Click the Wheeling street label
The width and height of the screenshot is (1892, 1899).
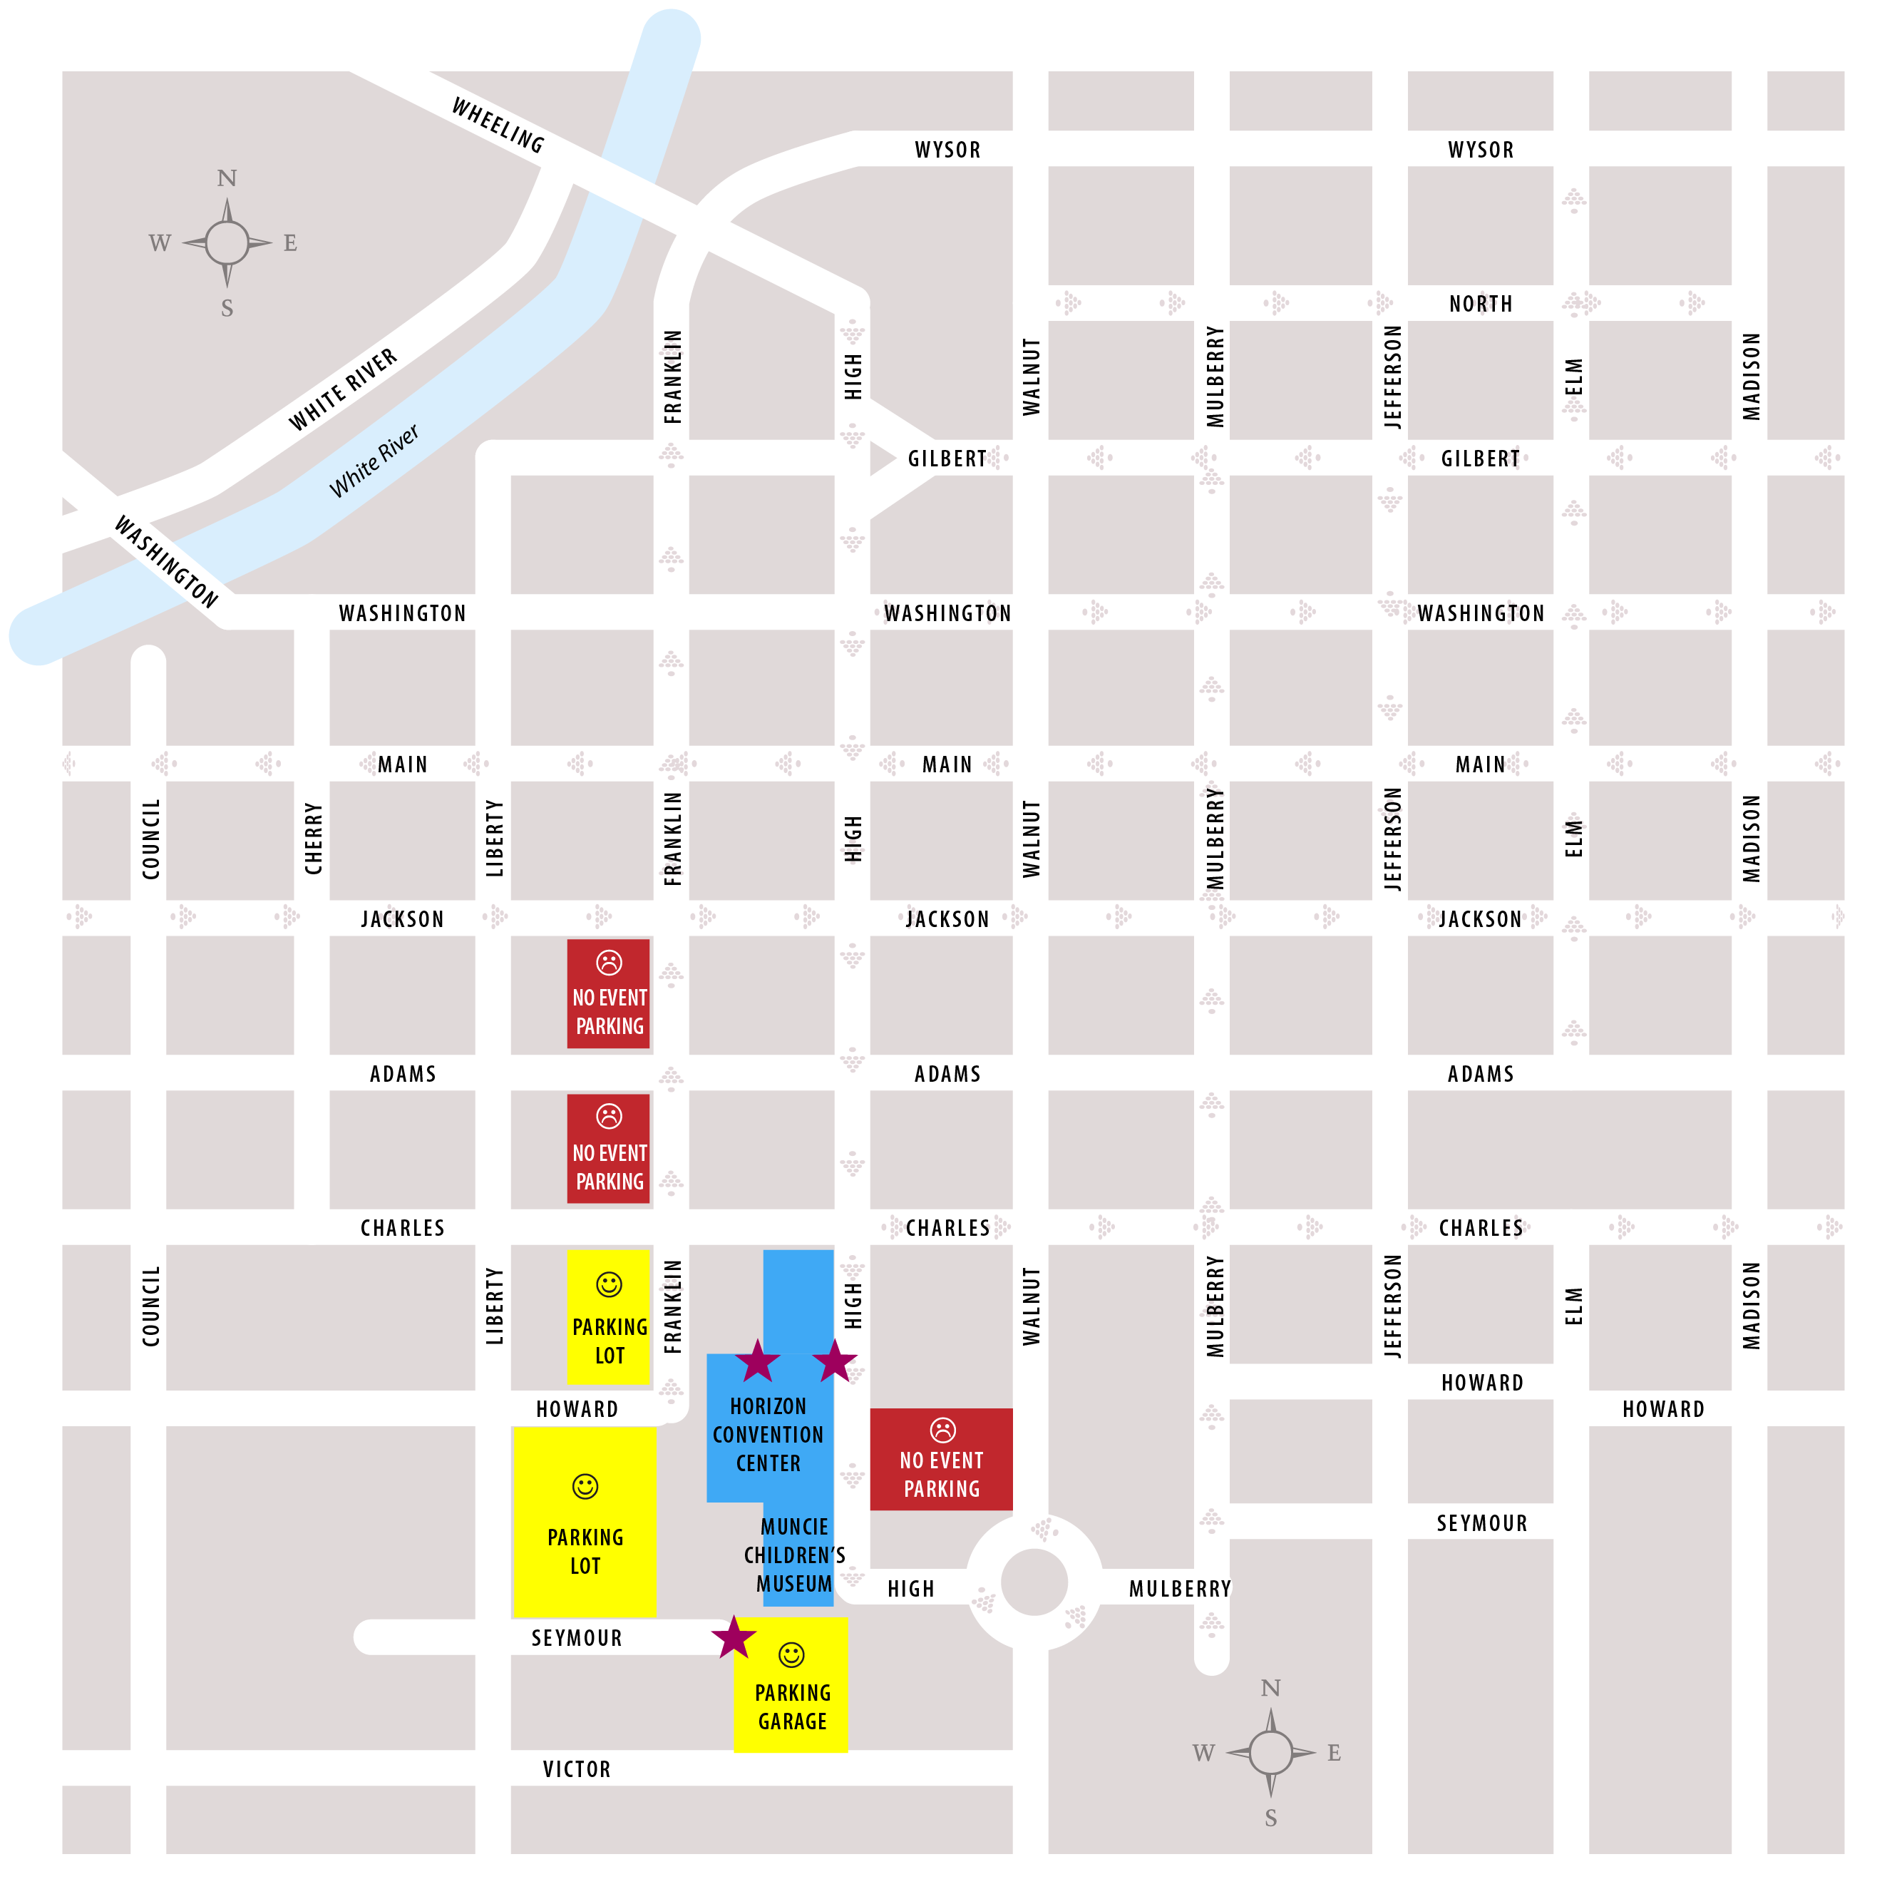pyautogui.click(x=498, y=125)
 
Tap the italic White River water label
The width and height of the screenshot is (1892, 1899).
pyautogui.click(x=374, y=461)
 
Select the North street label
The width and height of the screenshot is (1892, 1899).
pyautogui.click(x=1479, y=304)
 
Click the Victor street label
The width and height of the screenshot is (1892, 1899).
pyautogui.click(x=577, y=1769)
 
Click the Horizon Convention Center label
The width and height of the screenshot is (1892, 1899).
pyautogui.click(x=768, y=1434)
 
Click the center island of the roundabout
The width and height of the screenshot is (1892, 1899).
pyautogui.click(x=1033, y=1582)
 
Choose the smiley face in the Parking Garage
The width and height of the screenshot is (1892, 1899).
pyautogui.click(x=791, y=1654)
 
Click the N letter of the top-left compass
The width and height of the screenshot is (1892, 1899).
pyautogui.click(x=227, y=178)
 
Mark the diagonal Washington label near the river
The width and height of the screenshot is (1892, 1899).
pyautogui.click(x=166, y=561)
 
